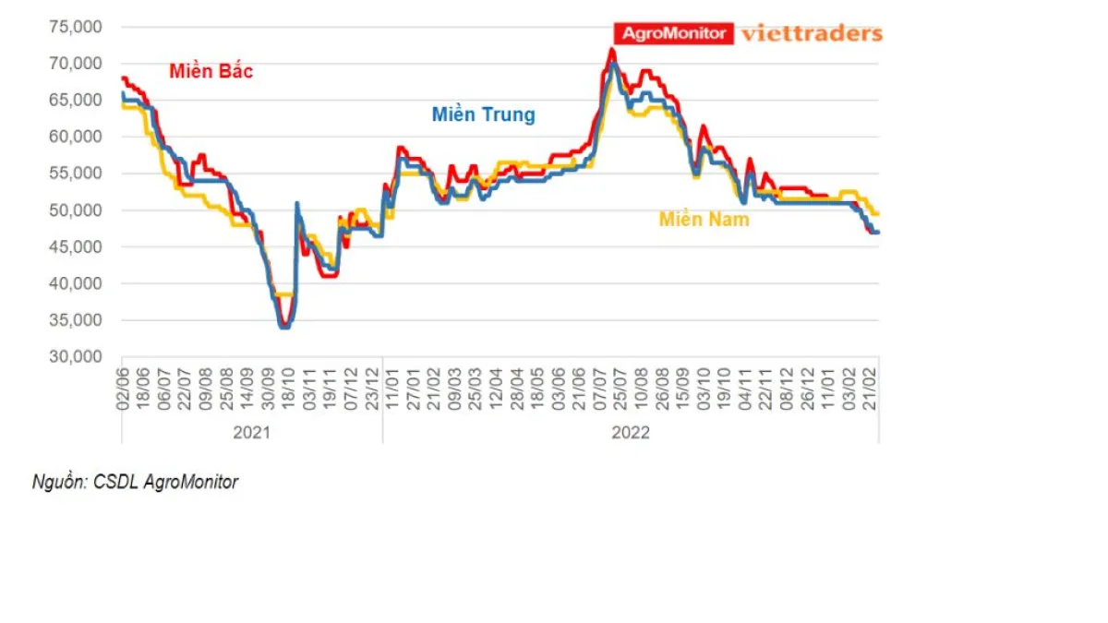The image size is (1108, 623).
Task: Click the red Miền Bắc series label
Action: (211, 71)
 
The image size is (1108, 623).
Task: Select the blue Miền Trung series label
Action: (483, 114)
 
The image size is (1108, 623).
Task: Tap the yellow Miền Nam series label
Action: (704, 219)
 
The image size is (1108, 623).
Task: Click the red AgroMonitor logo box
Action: (674, 33)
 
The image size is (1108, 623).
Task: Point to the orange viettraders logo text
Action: (812, 33)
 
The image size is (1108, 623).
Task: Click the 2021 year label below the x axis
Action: (251, 432)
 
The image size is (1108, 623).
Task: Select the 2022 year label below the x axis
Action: (630, 432)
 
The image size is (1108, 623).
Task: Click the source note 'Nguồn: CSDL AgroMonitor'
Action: (135, 482)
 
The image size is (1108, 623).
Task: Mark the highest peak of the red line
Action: (612, 50)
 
